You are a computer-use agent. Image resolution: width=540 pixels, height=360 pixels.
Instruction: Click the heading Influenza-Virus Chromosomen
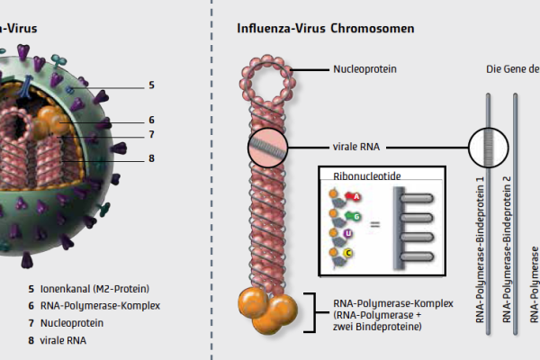point(325,28)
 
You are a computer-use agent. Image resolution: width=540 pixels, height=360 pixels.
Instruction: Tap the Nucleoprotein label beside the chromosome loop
point(364,68)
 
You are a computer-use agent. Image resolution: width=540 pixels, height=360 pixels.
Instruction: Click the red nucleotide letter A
point(356,196)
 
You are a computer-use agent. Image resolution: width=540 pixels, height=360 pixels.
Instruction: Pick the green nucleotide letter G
point(357,217)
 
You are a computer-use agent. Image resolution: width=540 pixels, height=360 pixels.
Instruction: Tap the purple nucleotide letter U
point(347,233)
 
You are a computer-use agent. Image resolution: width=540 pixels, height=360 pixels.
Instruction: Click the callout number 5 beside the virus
point(151,85)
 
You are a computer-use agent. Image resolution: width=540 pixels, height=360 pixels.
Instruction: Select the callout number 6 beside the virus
point(151,119)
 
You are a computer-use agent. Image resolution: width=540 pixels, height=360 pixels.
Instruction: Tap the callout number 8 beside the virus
point(151,158)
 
